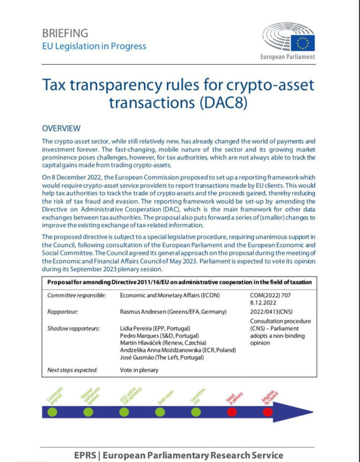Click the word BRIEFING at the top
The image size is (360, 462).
(x=65, y=33)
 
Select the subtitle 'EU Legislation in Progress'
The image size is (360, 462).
(x=94, y=46)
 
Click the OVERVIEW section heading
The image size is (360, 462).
(x=61, y=128)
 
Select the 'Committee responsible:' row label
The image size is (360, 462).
(x=77, y=295)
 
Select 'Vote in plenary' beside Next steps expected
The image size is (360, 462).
(x=139, y=370)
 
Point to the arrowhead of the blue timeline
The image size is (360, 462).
(x=305, y=411)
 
